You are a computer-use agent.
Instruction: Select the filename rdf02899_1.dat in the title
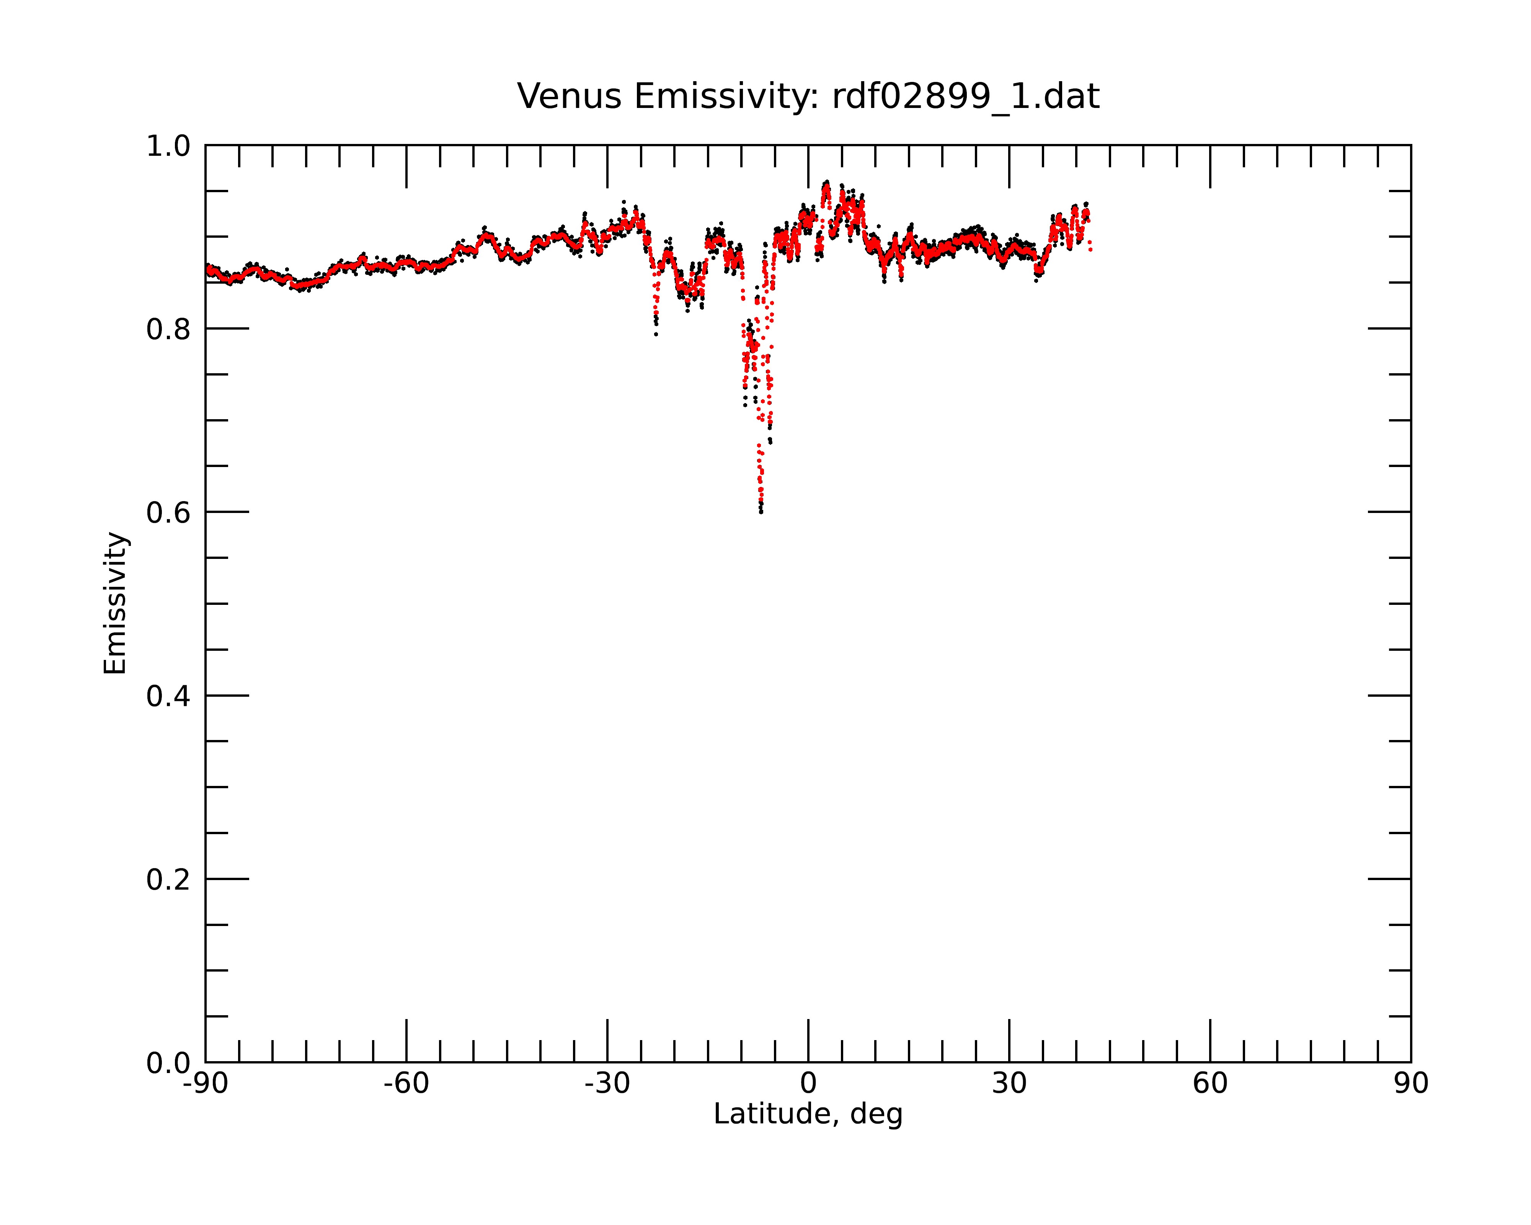tap(966, 96)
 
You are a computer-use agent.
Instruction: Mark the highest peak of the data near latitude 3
tap(827, 183)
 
